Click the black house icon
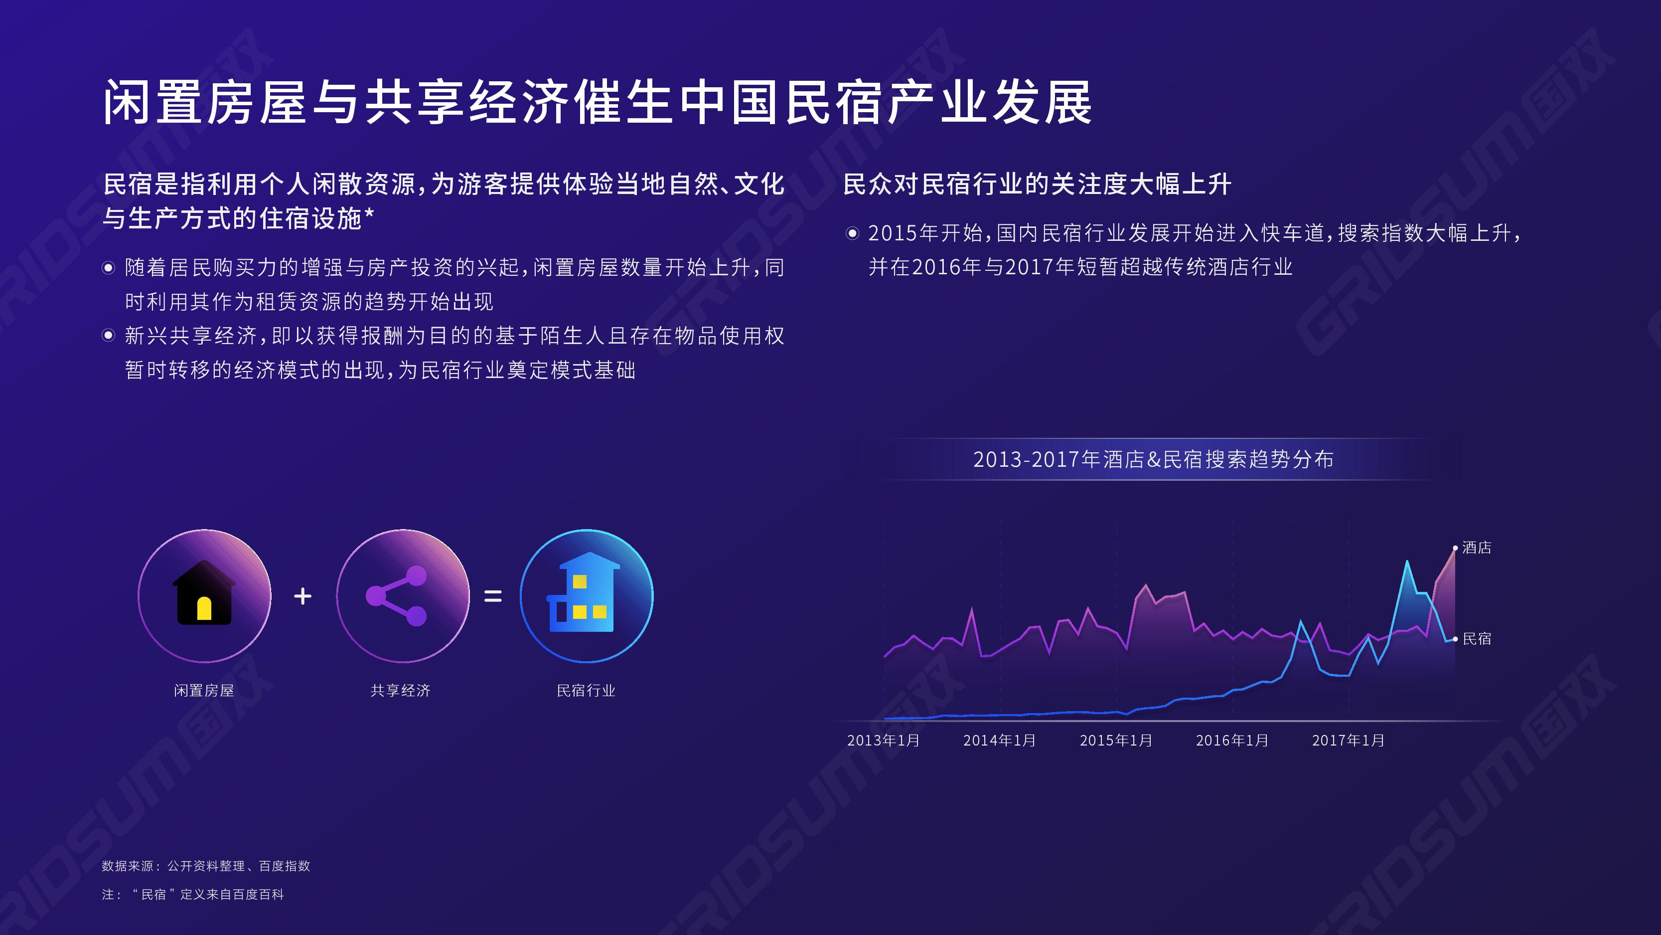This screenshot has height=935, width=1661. click(x=204, y=592)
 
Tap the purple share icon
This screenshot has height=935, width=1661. click(x=397, y=595)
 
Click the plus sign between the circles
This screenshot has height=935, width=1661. click(x=302, y=595)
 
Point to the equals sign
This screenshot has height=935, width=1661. click(x=493, y=595)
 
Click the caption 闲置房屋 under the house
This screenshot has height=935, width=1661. click(x=204, y=691)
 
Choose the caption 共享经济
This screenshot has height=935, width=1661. click(x=400, y=691)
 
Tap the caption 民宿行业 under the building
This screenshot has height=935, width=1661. click(x=586, y=691)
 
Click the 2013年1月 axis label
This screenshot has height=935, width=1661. click(x=884, y=740)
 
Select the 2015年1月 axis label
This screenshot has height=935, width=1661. click(x=1116, y=740)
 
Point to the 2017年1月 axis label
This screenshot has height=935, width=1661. click(x=1348, y=740)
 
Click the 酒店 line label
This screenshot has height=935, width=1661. click(x=1477, y=548)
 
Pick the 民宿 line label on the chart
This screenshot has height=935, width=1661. click(x=1477, y=639)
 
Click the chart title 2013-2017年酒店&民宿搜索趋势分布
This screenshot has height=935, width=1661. click(x=1154, y=459)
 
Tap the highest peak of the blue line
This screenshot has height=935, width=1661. click(x=1407, y=561)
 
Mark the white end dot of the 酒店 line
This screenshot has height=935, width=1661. click(x=1455, y=548)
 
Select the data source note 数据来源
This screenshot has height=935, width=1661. click(x=206, y=866)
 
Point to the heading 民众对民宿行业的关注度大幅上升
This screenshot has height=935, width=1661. click(x=1038, y=184)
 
